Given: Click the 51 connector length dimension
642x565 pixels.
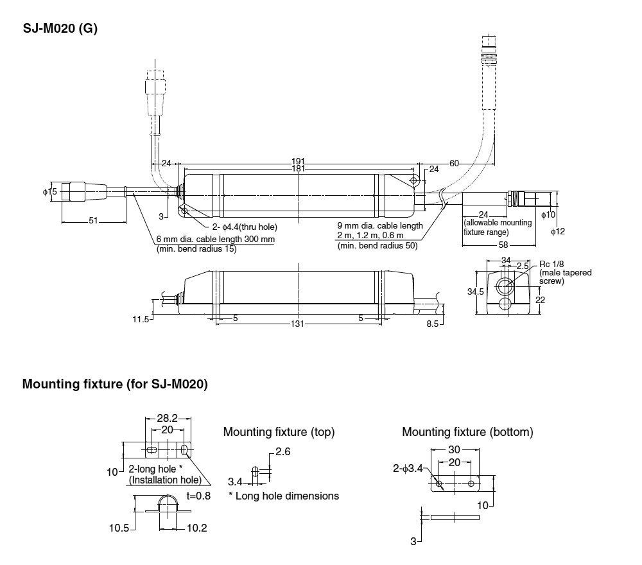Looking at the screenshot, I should coord(93,222).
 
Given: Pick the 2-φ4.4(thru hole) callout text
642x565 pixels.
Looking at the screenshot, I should coord(245,227).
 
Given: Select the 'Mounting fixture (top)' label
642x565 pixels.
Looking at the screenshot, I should coord(279,432).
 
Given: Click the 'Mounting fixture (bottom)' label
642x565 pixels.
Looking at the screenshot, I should coord(467,432).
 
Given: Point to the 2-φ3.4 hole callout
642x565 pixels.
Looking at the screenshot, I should coord(408,469).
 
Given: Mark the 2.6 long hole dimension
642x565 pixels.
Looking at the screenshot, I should coord(283,452).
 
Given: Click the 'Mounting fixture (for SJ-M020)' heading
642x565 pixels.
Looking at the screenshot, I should coord(115,385).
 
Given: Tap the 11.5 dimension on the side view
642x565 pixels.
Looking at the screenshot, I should coord(141,318).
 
